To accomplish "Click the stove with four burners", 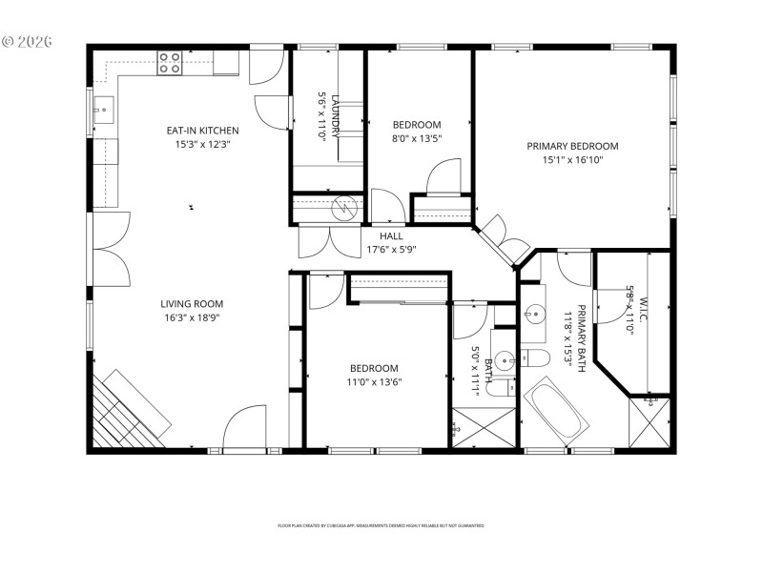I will pyautogui.click(x=170, y=63).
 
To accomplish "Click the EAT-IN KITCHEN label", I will pyautogui.click(x=202, y=131).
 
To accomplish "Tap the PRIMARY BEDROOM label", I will pyautogui.click(x=572, y=146).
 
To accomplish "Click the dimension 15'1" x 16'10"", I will pyautogui.click(x=572, y=160).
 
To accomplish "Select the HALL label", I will pyautogui.click(x=391, y=235).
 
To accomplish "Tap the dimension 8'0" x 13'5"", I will pyautogui.click(x=417, y=138).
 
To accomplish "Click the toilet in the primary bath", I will pyautogui.click(x=536, y=358).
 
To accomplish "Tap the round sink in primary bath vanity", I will pyautogui.click(x=532, y=312).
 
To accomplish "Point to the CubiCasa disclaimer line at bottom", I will pyautogui.click(x=381, y=525).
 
